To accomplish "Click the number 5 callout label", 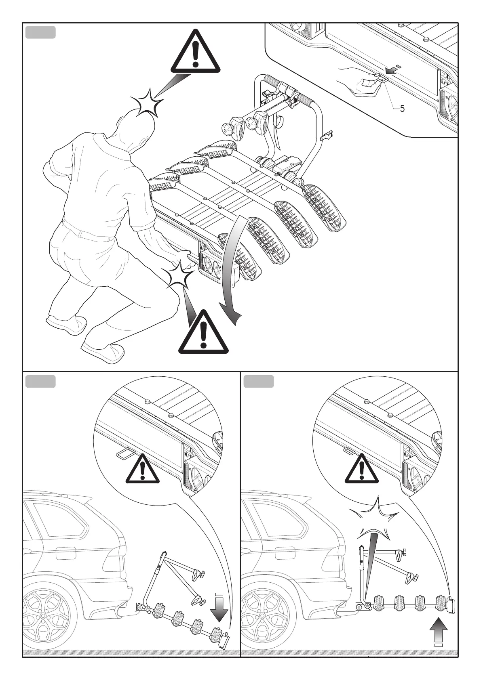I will pyautogui.click(x=402, y=109).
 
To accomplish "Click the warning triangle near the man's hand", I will pyautogui.click(x=203, y=333).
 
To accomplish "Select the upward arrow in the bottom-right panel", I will pyautogui.click(x=438, y=638).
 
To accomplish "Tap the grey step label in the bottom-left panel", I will pyautogui.click(x=40, y=381).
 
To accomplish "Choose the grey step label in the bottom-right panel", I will pyautogui.click(x=259, y=381).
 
